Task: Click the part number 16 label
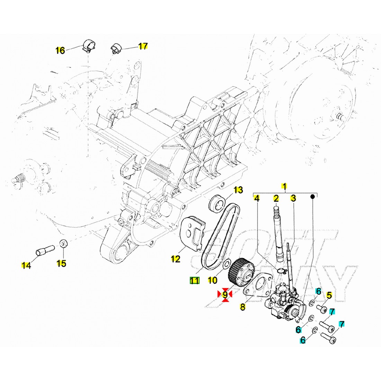coord(60,51)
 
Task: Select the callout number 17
coord(143,46)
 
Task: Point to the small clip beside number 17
coord(115,49)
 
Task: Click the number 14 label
coord(26,266)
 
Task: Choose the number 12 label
coord(175,259)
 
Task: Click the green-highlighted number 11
coord(194,281)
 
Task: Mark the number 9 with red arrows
coord(225,294)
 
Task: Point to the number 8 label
coord(242,307)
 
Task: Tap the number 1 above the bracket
coord(284,186)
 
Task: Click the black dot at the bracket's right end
coord(312,196)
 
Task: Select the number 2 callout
coord(276,198)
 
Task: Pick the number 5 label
coord(329,295)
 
